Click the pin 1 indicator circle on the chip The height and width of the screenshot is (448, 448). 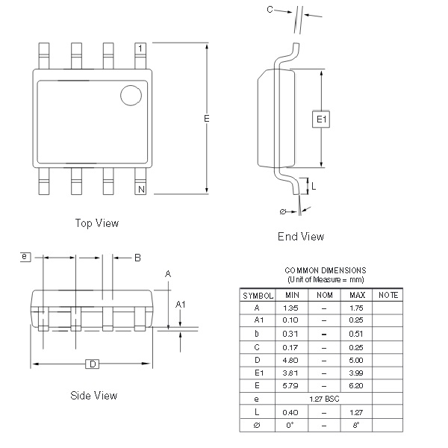coord(131,95)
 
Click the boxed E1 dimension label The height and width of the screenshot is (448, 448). coord(322,119)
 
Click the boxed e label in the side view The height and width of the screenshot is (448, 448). coord(25,257)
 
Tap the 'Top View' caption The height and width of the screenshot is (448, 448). coord(97,223)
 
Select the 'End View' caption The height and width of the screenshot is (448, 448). coord(301,237)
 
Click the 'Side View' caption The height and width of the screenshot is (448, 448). coord(93,396)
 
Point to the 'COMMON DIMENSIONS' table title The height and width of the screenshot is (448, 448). coord(326,270)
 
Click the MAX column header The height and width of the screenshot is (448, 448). coord(356,296)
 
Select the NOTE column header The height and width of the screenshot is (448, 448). coord(388,296)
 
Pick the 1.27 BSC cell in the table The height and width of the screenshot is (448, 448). coord(323,399)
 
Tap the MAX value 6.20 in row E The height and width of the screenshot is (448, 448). coord(356,386)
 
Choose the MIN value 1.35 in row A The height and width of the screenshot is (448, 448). coord(291,308)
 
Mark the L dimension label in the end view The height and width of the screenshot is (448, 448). coord(313,186)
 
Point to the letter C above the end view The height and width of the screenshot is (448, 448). coord(270,10)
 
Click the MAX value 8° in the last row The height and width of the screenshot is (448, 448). coord(356,426)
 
